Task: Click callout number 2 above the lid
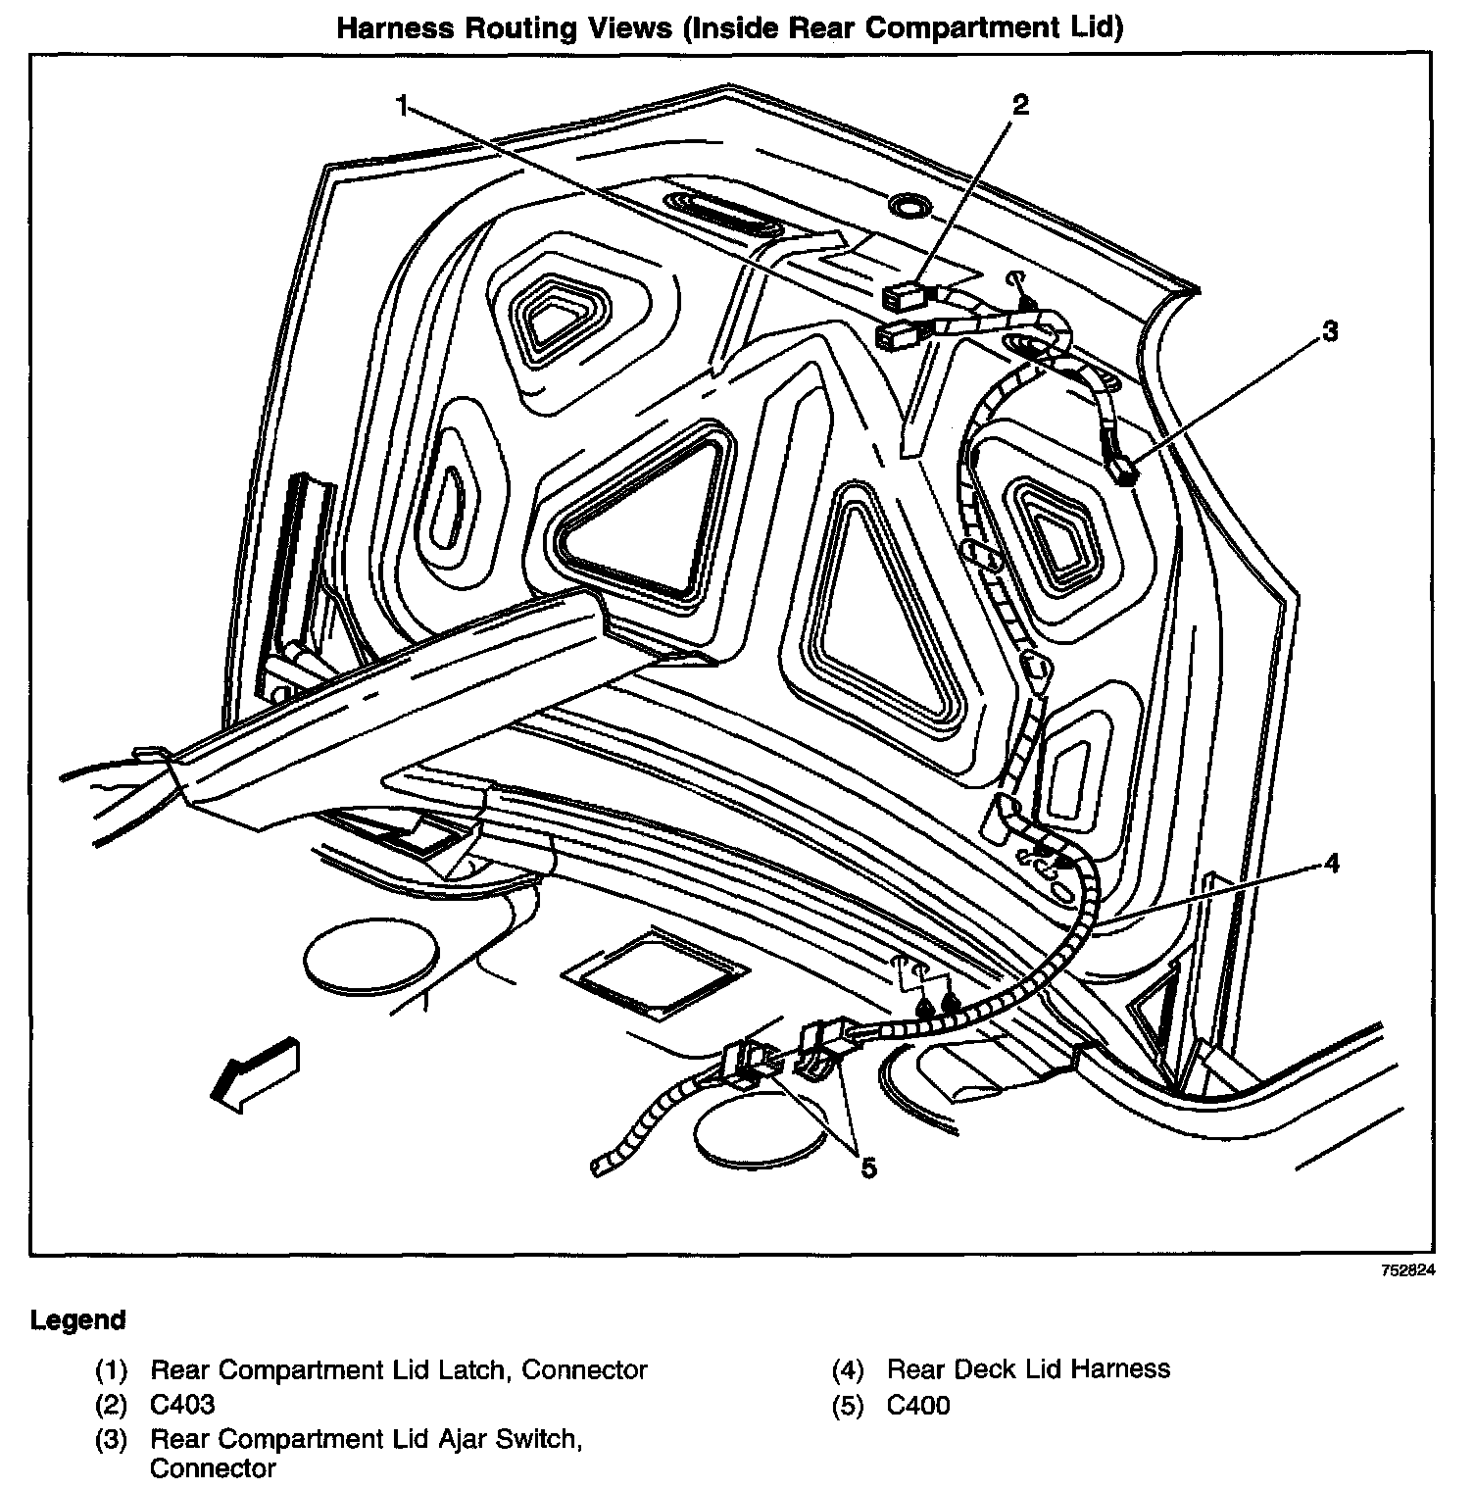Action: tap(1020, 104)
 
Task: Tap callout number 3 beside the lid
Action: tap(1329, 332)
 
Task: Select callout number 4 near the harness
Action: tap(1330, 863)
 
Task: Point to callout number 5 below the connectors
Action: tap(868, 1167)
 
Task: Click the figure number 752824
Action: tap(1408, 1269)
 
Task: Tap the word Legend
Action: tap(77, 1320)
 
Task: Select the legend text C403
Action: tap(182, 1405)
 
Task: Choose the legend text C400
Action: tap(918, 1405)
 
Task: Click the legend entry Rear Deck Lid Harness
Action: tap(1028, 1368)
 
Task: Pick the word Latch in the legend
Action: tap(471, 1368)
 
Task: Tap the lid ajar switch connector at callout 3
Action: tap(1123, 472)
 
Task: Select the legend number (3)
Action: tap(112, 1440)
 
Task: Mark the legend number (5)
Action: tap(848, 1405)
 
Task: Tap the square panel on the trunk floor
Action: tap(655, 972)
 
